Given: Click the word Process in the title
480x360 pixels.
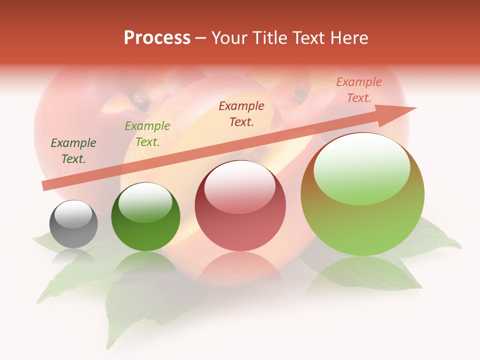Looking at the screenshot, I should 157,38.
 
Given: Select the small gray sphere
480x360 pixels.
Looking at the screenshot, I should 73,230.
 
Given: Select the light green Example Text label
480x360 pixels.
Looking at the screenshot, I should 147,134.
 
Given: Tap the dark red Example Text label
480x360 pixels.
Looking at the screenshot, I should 241,113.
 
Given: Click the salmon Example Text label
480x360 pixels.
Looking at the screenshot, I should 358,90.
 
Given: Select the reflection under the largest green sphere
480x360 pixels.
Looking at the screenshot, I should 362,275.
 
